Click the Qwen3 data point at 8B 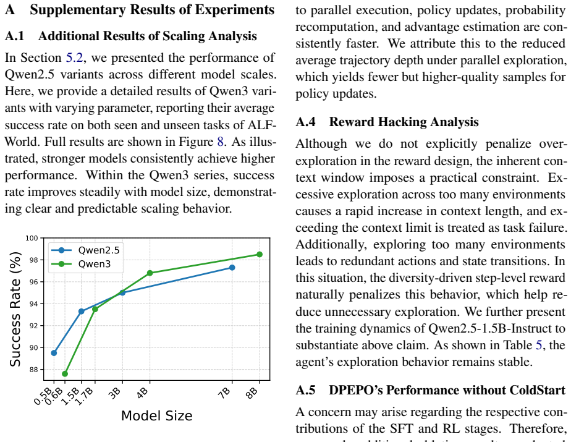point(260,254)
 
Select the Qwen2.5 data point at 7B point(232,268)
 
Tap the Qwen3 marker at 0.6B point(65,374)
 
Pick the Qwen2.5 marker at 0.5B point(54,353)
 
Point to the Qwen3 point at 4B point(150,273)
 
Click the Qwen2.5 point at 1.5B point(81,311)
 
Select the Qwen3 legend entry point(81,264)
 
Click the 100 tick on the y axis point(32,238)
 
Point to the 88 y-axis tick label point(34,370)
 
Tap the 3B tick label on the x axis point(115,393)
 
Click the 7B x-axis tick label point(225,393)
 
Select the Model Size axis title point(156,416)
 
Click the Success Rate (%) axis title point(15,309)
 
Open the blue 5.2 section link point(74,57)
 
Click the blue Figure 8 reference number point(221,142)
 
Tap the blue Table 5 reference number point(539,345)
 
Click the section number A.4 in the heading point(306,122)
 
